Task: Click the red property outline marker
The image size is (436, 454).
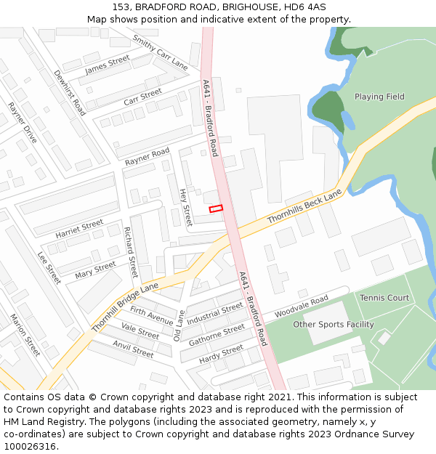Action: [x=216, y=208]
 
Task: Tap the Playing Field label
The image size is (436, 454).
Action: [x=379, y=97]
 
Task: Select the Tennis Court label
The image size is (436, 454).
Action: [x=384, y=298]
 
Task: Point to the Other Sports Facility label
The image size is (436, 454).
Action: [x=334, y=325]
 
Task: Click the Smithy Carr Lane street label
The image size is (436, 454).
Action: [x=160, y=52]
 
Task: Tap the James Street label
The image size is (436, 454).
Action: [x=108, y=65]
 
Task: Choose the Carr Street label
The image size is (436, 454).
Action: [x=142, y=97]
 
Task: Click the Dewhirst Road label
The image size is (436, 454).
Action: [x=70, y=93]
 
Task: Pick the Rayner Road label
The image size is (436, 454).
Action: [x=147, y=156]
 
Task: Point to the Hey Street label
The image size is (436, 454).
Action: [x=185, y=206]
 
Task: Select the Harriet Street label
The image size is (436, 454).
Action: [x=79, y=230]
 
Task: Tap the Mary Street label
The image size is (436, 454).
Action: [x=95, y=271]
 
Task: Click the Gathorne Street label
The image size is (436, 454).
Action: [x=217, y=335]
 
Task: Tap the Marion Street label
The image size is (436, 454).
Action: [x=25, y=335]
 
